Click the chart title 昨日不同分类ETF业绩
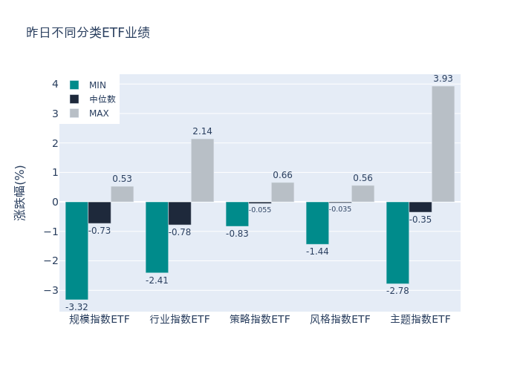pyautogui.click(x=88, y=33)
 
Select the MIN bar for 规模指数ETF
pyautogui.click(x=77, y=250)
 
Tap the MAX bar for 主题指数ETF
pyautogui.click(x=443, y=144)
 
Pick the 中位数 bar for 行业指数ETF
pyautogui.click(x=180, y=213)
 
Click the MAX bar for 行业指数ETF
pyautogui.click(x=202, y=170)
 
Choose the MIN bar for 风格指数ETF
pyautogui.click(x=317, y=223)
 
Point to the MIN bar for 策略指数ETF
pyautogui.click(x=237, y=214)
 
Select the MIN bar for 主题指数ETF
pyautogui.click(x=397, y=243)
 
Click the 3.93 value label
pyautogui.click(x=443, y=79)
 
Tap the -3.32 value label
pyautogui.click(x=77, y=307)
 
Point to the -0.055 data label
pyautogui.click(x=260, y=210)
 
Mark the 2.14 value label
pyautogui.click(x=202, y=131)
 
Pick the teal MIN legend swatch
pyautogui.click(x=74, y=85)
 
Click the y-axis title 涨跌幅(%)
pyautogui.click(x=20, y=192)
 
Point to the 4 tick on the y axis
pyautogui.click(x=55, y=84)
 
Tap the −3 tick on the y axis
pyautogui.click(x=52, y=290)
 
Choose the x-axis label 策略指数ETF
pyautogui.click(x=260, y=320)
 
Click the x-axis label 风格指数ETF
pyautogui.click(x=340, y=320)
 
